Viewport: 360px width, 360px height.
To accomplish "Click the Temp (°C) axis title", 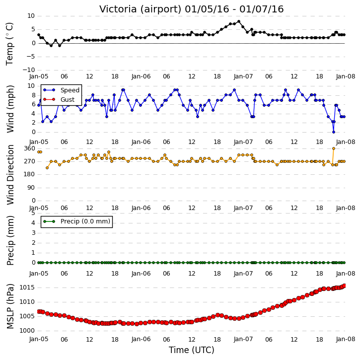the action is [9, 44].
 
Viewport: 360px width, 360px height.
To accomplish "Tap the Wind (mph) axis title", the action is [10, 109].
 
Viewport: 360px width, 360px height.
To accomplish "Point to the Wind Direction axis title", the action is [10, 174].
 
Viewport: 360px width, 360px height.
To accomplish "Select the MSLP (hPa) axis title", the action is [10, 306].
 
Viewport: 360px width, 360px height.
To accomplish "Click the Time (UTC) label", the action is [192, 350].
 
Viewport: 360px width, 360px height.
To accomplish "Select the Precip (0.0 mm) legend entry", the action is [76, 221].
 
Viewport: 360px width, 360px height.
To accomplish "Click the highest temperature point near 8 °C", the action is [239, 21].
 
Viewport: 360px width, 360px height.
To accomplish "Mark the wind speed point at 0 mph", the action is [334, 132].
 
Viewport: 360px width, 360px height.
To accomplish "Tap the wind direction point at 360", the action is [334, 148].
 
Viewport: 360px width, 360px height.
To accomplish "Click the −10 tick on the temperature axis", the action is [29, 70].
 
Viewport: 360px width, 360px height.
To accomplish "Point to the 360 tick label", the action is [30, 148].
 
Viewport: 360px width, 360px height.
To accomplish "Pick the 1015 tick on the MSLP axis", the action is [27, 288].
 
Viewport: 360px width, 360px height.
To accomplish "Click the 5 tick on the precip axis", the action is [33, 213].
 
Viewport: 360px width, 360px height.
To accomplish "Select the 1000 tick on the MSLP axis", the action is [27, 331].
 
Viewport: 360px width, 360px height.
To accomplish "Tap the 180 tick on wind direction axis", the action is [30, 174].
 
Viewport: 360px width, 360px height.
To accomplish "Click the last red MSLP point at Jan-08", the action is [344, 286].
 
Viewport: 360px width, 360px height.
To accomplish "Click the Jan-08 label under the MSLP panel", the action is [346, 339].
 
